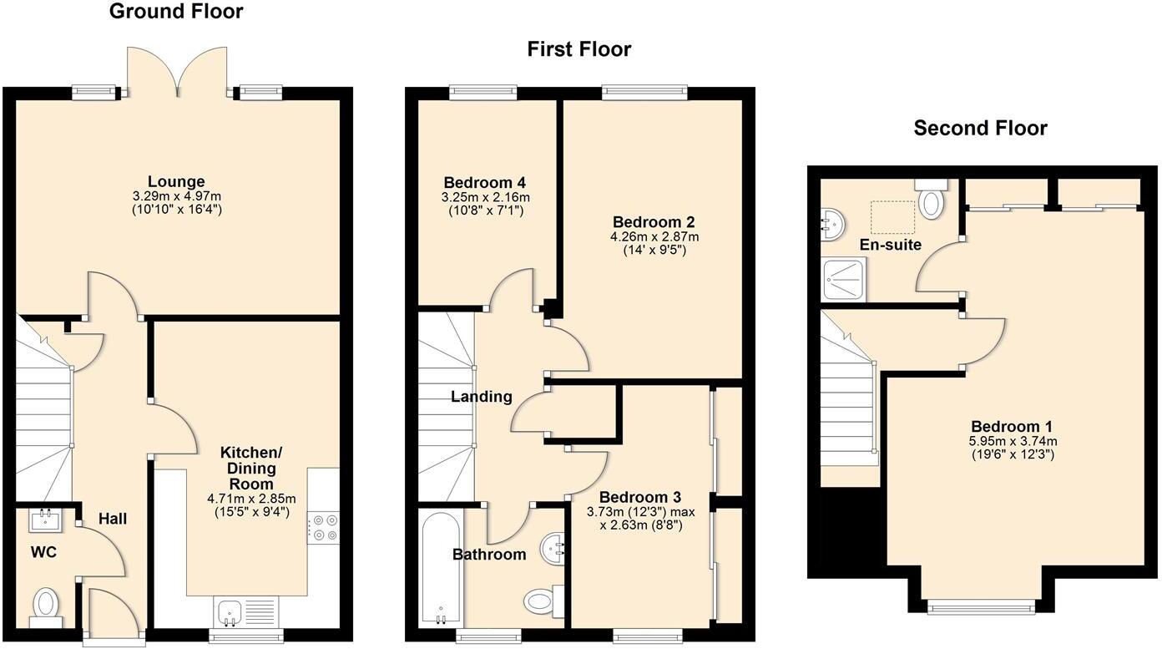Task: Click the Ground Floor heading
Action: [176, 12]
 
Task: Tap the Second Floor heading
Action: [980, 128]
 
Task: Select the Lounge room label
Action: [176, 181]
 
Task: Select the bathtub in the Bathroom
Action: [439, 568]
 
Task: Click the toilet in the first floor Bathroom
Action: [542, 599]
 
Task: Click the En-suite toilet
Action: [931, 199]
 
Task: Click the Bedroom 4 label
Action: [484, 183]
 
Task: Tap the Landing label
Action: [482, 397]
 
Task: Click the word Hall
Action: [113, 519]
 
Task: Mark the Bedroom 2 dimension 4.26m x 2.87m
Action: [654, 236]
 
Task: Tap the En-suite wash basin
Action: [831, 221]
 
